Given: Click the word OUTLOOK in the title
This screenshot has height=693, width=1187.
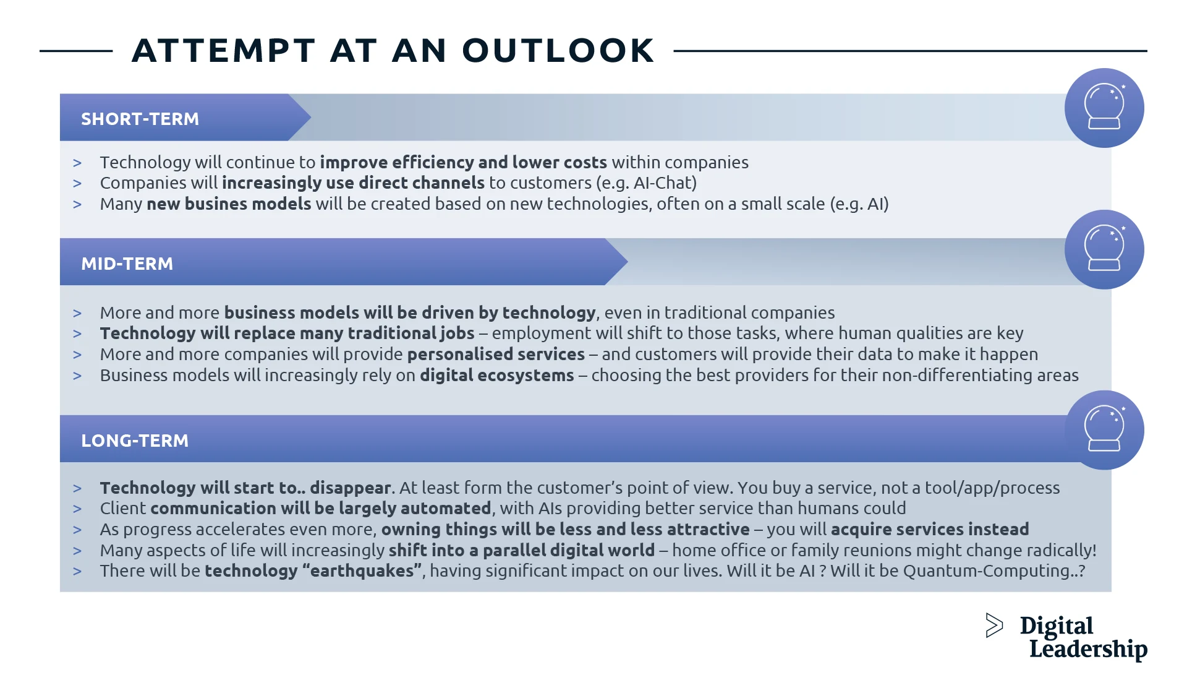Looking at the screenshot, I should [558, 51].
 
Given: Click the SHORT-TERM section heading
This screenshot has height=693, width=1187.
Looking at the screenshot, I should [140, 119].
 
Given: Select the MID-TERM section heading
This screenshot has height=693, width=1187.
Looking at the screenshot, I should [127, 264].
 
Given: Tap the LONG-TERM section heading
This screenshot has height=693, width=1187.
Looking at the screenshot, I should [135, 441].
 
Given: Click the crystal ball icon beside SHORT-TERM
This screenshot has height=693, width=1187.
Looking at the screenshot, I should [1104, 108].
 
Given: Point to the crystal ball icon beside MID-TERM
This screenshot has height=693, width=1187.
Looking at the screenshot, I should [1104, 249].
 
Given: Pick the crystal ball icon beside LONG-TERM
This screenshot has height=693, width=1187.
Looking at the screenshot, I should [1104, 430].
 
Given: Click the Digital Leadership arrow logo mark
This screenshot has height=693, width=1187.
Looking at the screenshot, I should [993, 626].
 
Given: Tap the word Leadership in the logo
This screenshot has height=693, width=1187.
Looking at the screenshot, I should [1088, 649].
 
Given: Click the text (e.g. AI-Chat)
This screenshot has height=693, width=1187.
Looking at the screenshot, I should [646, 183].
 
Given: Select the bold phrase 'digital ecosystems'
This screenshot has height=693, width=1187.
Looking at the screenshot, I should [496, 376].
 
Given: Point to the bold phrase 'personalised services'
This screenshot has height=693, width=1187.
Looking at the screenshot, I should [496, 355].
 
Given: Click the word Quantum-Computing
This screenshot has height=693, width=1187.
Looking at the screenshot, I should [987, 570].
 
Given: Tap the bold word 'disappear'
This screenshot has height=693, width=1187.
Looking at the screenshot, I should [351, 488].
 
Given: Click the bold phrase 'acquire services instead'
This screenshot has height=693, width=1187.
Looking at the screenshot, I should [930, 530].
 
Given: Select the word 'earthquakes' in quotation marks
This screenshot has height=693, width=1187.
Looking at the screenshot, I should [362, 570].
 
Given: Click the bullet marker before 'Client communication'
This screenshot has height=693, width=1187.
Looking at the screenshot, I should [77, 509].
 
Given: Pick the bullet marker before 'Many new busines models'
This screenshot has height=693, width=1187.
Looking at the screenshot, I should [77, 204].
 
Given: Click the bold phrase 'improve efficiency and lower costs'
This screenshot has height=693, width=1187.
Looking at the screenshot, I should [463, 163].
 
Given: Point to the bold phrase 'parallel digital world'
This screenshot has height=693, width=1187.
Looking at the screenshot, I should [568, 550].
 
